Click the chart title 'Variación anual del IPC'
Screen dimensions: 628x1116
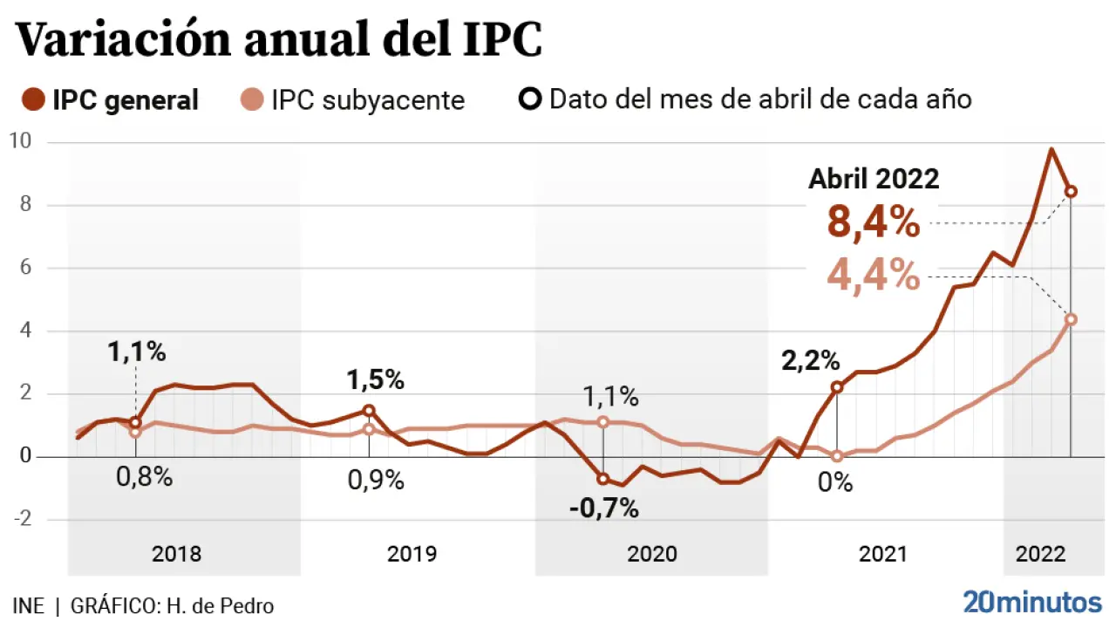click(x=279, y=40)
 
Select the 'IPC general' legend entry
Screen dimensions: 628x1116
click(x=112, y=100)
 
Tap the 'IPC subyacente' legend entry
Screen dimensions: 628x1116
click(x=353, y=100)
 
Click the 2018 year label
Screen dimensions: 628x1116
click(x=176, y=554)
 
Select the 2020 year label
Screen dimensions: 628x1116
click(x=651, y=554)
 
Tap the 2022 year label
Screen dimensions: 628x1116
click(x=1039, y=554)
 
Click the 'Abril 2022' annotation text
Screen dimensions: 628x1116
click(x=874, y=179)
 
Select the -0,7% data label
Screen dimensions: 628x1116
click(x=603, y=509)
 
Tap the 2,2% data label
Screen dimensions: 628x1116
click(x=810, y=359)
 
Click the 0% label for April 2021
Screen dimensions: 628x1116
click(x=834, y=482)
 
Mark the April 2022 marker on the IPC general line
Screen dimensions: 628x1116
click(x=1071, y=192)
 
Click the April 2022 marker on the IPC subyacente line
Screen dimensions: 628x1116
click(x=1071, y=319)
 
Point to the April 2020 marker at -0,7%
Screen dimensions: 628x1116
click(x=602, y=479)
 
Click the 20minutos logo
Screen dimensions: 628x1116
click(x=1032, y=602)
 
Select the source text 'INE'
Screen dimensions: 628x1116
click(x=28, y=606)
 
